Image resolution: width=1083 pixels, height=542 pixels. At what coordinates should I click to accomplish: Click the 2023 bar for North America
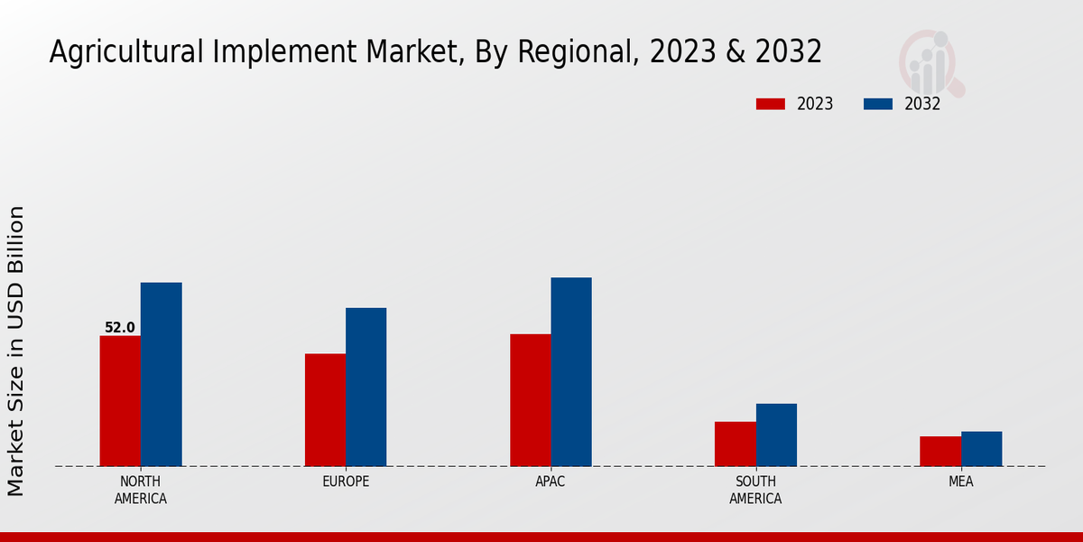click(x=120, y=401)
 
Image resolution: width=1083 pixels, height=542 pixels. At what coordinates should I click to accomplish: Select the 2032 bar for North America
click(x=161, y=374)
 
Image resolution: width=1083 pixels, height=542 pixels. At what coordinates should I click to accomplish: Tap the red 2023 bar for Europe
click(x=325, y=410)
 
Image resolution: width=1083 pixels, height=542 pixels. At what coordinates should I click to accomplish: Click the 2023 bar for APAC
click(x=530, y=400)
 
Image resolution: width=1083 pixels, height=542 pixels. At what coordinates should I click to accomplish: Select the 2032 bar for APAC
click(x=571, y=371)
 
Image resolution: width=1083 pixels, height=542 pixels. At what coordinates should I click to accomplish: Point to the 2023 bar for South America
click(x=735, y=444)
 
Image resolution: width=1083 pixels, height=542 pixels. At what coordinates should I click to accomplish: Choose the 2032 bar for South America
click(x=776, y=435)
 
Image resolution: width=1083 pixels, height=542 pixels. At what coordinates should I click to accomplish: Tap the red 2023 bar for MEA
click(x=940, y=451)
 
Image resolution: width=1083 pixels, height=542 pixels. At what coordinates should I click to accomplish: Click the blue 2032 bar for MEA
click(x=981, y=449)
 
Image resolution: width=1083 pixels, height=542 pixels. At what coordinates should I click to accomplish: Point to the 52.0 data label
click(x=120, y=328)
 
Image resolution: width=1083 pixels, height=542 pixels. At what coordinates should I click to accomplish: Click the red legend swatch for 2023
click(x=770, y=104)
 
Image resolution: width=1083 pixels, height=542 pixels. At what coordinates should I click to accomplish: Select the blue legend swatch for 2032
click(x=877, y=104)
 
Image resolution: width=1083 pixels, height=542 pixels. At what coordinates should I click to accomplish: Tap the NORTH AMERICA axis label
click(x=141, y=490)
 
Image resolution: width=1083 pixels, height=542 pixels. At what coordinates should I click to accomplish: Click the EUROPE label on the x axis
click(x=346, y=481)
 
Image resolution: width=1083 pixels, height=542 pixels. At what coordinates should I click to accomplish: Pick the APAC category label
click(x=551, y=481)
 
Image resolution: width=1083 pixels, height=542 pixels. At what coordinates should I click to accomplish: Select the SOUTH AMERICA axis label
click(x=755, y=490)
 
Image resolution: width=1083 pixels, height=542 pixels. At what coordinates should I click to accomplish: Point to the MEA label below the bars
click(x=960, y=481)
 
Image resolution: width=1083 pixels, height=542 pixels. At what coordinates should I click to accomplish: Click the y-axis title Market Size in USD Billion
click(x=16, y=350)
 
